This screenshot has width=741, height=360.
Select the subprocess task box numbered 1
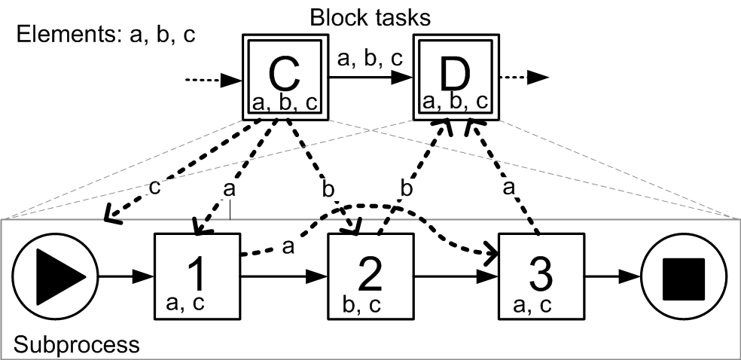tap(197, 274)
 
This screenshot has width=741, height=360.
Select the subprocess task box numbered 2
tap(370, 274)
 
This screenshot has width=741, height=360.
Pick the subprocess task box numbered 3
tap(541, 274)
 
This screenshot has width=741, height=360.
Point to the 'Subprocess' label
tap(75, 345)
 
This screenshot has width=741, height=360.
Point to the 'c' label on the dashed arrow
tap(154, 187)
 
